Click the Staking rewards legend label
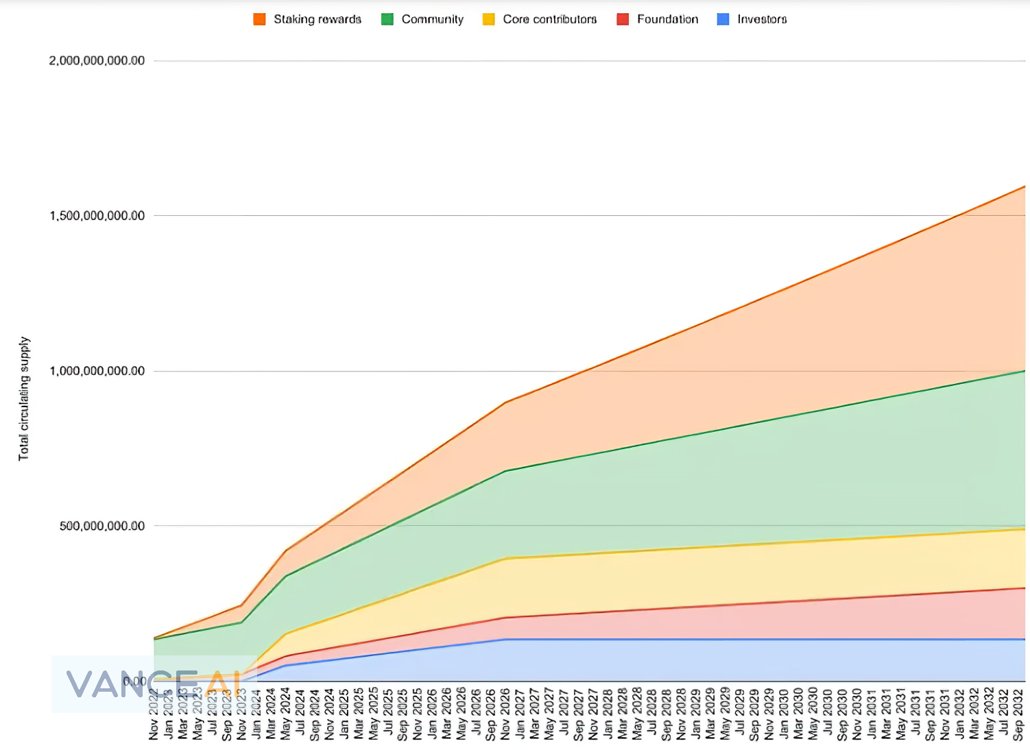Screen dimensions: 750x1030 tap(318, 19)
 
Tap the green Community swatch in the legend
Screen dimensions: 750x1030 tap(387, 19)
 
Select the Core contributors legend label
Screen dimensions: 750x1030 tap(549, 19)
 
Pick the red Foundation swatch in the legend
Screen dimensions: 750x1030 tap(623, 19)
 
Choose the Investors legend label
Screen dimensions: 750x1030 tap(762, 19)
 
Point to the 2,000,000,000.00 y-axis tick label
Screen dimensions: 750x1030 tap(97, 60)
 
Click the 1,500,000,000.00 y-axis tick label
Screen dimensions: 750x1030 tap(97, 215)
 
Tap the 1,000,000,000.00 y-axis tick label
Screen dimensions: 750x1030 tap(97, 371)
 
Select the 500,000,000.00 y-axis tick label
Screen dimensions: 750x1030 tap(102, 526)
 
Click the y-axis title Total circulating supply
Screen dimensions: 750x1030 tap(24, 398)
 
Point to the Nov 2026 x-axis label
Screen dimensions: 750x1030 tap(505, 714)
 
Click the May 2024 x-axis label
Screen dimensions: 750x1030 tap(285, 714)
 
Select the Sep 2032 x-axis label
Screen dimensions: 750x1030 tap(1018, 714)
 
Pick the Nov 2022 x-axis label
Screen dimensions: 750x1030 tap(154, 714)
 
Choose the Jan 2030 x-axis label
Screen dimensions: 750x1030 tap(784, 714)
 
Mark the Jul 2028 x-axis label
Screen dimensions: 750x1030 tap(652, 714)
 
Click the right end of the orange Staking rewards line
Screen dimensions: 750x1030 tap(1025, 186)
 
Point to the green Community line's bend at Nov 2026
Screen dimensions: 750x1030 tap(505, 471)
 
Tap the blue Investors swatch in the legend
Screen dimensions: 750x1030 tap(723, 19)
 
